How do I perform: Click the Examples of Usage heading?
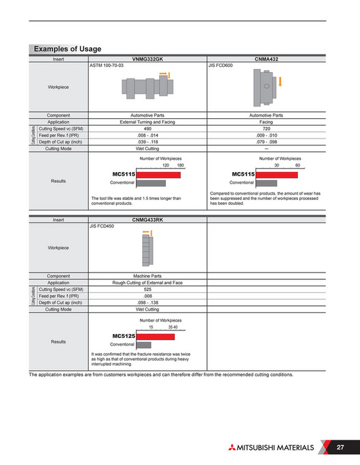[67, 49]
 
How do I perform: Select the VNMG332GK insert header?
[147, 60]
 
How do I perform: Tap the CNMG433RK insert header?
[147, 220]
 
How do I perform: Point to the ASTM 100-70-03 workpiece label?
[107, 67]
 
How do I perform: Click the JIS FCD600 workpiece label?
[220, 67]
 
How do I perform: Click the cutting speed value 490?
[147, 128]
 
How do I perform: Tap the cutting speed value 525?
[147, 290]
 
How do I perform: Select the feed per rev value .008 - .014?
[147, 135]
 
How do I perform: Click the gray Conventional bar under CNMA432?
[266, 183]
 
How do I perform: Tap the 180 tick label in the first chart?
[180, 166]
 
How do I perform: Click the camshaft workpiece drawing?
[148, 86]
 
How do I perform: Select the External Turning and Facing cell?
[147, 122]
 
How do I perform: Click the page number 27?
[340, 447]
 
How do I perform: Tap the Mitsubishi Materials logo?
[270, 448]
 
